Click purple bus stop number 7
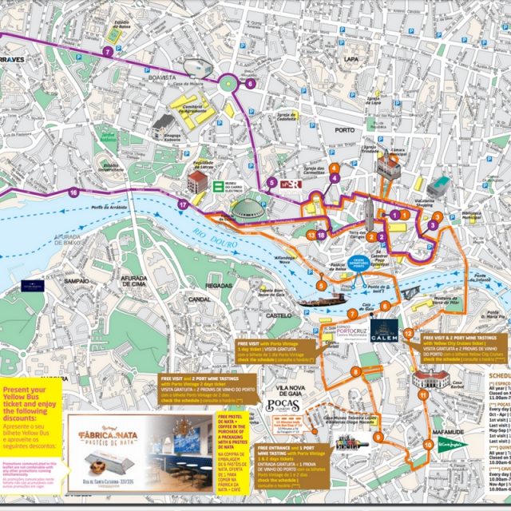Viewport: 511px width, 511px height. (x=107, y=51)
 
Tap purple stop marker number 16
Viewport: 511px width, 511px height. (x=73, y=192)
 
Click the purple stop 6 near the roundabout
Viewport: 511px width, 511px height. (x=250, y=82)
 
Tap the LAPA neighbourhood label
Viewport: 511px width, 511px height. (x=351, y=59)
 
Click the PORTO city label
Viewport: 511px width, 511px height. (x=345, y=129)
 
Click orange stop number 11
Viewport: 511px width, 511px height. (x=422, y=394)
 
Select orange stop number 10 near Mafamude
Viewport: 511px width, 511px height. (x=429, y=466)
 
